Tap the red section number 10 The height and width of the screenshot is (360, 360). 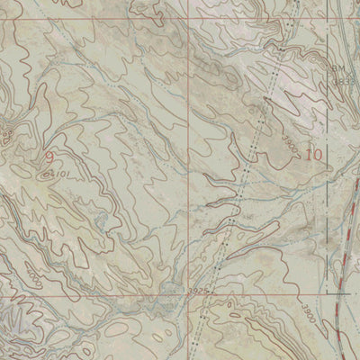[x=313, y=154]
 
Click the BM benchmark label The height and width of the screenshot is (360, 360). [x=337, y=68]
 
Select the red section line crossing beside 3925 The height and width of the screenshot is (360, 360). [x=191, y=293]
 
